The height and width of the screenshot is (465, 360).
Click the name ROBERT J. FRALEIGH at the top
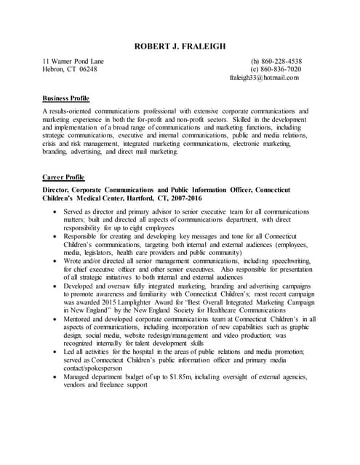pyautogui.click(x=180, y=46)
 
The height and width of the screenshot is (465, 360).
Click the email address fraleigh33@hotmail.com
pyautogui.click(x=264, y=78)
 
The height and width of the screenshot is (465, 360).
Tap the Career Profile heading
pyautogui.click(x=63, y=177)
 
